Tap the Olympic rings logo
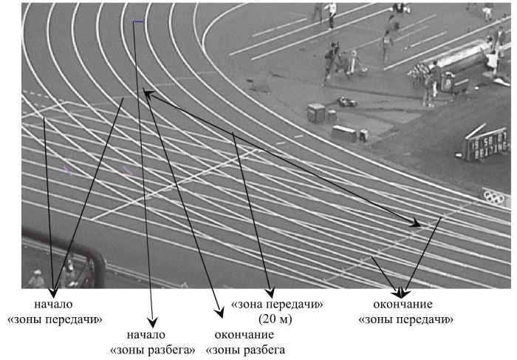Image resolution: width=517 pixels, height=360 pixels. pyautogui.click(x=495, y=196)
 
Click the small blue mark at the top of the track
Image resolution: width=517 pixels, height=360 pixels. pyautogui.click(x=138, y=21)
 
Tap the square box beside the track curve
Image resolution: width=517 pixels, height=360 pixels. pyautogui.click(x=316, y=112)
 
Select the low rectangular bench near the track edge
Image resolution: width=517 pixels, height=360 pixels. pyautogui.click(x=344, y=133)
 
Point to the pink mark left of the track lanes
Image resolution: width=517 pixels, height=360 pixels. pyautogui.click(x=67, y=171)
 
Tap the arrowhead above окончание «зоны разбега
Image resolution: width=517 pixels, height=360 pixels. pyautogui.click(x=219, y=311)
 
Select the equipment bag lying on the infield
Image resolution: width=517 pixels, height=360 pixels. pyautogui.click(x=346, y=101)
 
